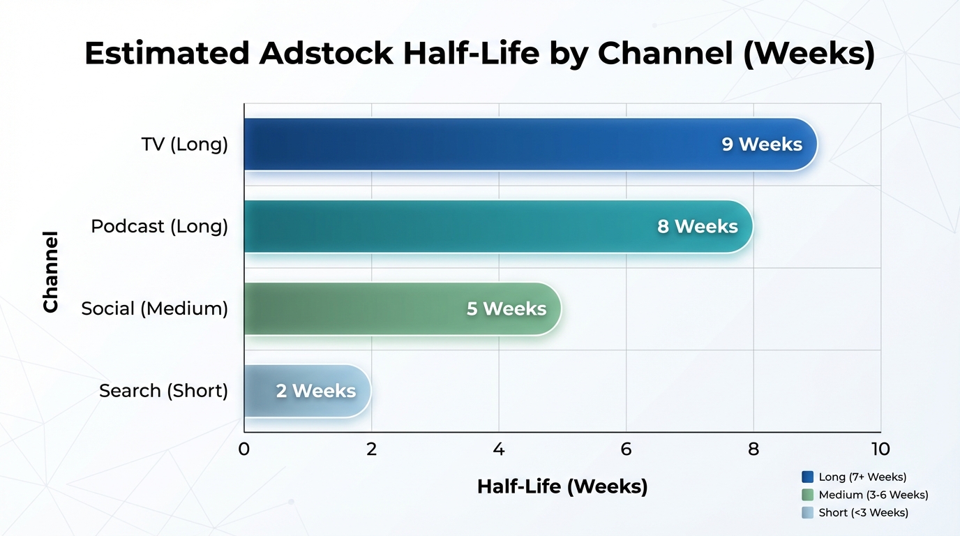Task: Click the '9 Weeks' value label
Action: tap(762, 144)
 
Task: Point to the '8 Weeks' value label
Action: tap(698, 226)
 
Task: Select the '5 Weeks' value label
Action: tap(507, 308)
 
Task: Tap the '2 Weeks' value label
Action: tap(316, 391)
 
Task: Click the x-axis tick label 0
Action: tap(243, 449)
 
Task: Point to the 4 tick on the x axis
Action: tap(499, 449)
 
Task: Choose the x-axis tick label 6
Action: tap(626, 449)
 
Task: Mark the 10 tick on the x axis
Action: tap(880, 449)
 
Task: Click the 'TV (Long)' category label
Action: tap(185, 144)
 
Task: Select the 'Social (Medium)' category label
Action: tap(155, 308)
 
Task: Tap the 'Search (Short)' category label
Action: tap(164, 391)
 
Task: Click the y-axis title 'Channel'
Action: tap(50, 271)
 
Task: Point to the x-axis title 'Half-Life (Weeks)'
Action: tap(562, 486)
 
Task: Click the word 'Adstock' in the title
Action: tap(326, 54)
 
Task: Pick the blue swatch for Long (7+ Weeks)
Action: tap(808, 477)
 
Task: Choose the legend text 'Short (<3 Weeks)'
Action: tap(864, 513)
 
